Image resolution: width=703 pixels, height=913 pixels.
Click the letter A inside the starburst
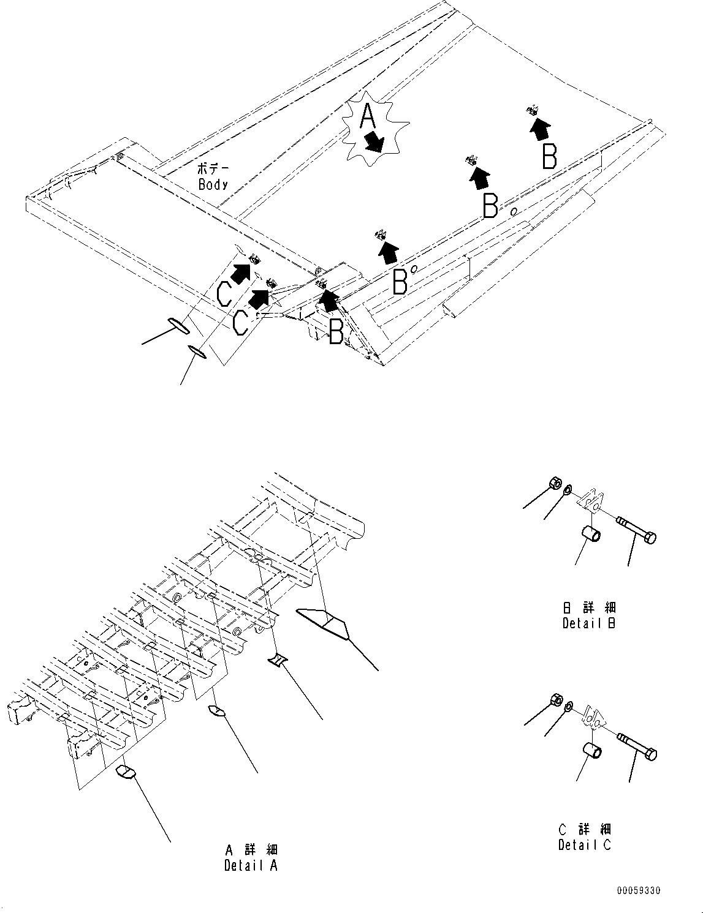(367, 116)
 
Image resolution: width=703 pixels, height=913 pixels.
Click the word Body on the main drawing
(213, 184)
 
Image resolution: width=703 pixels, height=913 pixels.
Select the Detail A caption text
(251, 865)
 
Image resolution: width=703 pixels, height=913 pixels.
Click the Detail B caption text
(589, 623)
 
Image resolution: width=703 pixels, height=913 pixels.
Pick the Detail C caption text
(585, 845)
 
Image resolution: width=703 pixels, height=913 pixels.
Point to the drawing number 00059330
(639, 891)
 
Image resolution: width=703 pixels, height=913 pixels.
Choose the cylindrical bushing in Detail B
(591, 533)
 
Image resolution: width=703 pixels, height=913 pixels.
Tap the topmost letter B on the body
(550, 156)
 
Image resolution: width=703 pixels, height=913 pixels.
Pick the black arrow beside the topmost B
(540, 129)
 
